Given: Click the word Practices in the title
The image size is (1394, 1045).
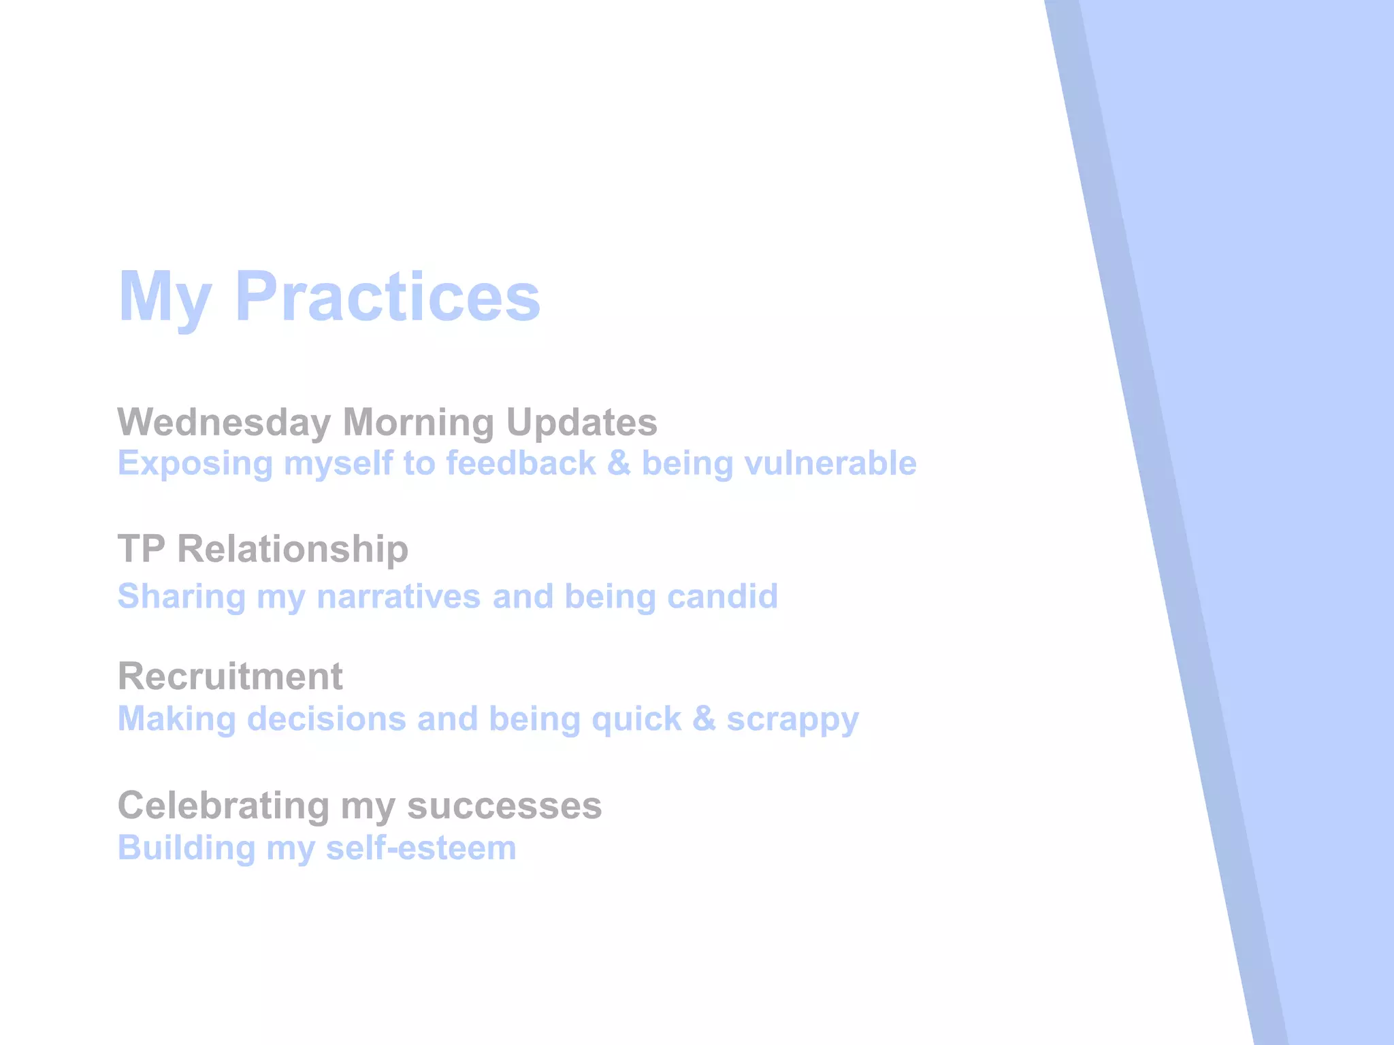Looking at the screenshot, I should pyautogui.click(x=387, y=297).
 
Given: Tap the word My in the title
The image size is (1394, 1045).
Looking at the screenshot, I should pyautogui.click(x=164, y=297).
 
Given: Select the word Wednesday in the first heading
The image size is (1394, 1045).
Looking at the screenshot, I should pyautogui.click(x=224, y=422).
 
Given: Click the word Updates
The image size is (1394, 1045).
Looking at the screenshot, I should pyautogui.click(x=581, y=422).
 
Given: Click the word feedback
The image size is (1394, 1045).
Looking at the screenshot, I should pyautogui.click(x=521, y=464).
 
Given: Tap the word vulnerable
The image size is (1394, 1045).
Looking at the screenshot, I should pyautogui.click(x=830, y=464).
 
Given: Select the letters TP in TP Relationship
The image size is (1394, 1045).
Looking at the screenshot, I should pyautogui.click(x=141, y=548).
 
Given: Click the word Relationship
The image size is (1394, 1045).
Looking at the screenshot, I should pyautogui.click(x=293, y=548).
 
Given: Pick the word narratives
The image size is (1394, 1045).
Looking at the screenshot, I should pyautogui.click(x=399, y=597).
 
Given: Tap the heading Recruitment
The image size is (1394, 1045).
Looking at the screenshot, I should pyautogui.click(x=230, y=676).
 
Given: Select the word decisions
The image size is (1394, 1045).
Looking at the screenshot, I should pyautogui.click(x=326, y=719).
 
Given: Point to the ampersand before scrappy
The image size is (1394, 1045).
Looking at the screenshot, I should pyautogui.click(x=704, y=719).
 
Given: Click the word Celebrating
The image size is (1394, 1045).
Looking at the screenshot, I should pyautogui.click(x=224, y=806).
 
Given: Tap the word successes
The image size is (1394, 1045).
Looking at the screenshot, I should pyautogui.click(x=504, y=806).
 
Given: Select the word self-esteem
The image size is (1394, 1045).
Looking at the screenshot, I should pyautogui.click(x=421, y=848).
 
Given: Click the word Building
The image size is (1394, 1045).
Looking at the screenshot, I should pyautogui.click(x=187, y=848).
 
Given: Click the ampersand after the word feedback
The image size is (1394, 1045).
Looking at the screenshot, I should pyautogui.click(x=619, y=464).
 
